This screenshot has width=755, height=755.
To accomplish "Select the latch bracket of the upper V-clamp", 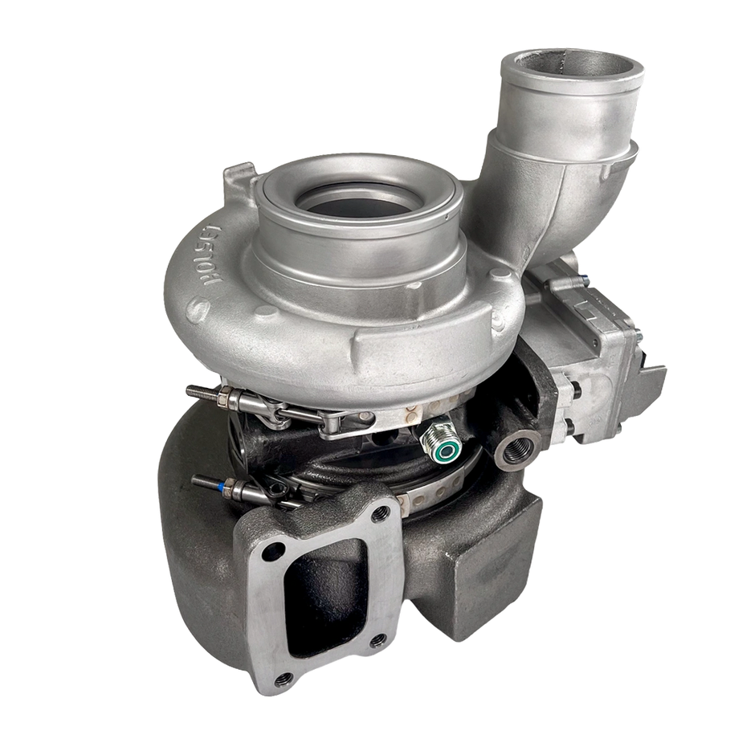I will pos(337,421).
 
